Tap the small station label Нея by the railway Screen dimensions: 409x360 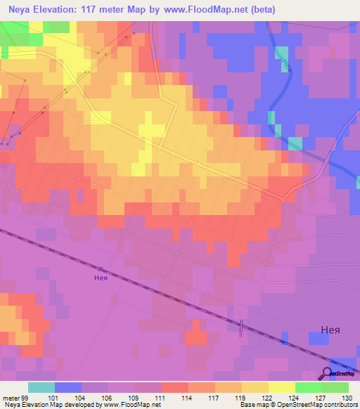(x=101, y=277)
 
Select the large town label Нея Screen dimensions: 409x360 (x=321, y=328)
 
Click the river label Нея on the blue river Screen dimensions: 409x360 (x=285, y=64)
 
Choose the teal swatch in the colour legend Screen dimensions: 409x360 (x=41, y=387)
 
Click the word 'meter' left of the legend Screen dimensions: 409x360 (x=10, y=397)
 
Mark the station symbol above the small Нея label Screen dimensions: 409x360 (x=101, y=268)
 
